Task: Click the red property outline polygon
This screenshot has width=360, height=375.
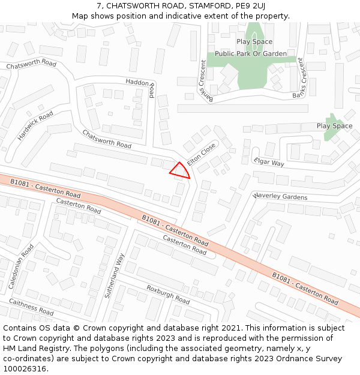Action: (180, 170)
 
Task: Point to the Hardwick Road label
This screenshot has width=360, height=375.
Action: (35, 125)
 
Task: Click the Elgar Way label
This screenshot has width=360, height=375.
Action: (269, 162)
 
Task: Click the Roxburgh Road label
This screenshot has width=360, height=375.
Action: (168, 293)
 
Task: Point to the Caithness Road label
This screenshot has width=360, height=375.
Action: (31, 308)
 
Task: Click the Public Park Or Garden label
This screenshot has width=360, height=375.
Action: (251, 54)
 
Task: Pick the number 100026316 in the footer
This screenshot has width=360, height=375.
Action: (26, 368)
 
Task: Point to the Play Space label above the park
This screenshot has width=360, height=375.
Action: (254, 42)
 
